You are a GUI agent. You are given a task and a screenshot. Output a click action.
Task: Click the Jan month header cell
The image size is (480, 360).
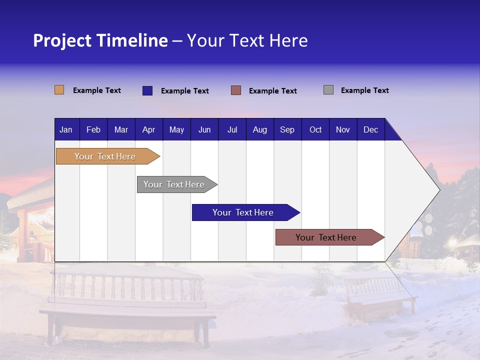pyautogui.click(x=66, y=129)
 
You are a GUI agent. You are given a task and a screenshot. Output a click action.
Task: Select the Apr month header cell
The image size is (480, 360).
pyautogui.click(x=149, y=129)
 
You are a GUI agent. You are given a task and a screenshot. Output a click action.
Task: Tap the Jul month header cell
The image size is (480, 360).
pyautogui.click(x=232, y=129)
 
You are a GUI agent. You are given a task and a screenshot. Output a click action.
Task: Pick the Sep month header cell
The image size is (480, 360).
pyautogui.click(x=287, y=129)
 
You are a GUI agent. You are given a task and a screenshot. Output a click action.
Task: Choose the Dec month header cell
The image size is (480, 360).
pyautogui.click(x=370, y=129)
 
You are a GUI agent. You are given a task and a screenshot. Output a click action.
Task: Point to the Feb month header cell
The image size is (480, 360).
pyautogui.click(x=93, y=129)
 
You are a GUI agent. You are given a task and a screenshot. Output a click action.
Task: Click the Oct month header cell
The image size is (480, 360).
pyautogui.click(x=315, y=129)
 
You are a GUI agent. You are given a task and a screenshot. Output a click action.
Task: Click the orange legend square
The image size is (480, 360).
pyautogui.click(x=59, y=90)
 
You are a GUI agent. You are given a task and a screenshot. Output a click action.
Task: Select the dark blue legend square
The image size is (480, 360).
pyautogui.click(x=147, y=90)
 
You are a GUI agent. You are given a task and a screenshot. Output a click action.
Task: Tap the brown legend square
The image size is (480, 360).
pyautogui.click(x=236, y=90)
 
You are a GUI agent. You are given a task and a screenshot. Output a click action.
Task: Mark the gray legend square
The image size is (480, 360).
pyautogui.click(x=328, y=90)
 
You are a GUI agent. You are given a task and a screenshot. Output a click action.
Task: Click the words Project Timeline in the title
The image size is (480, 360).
pyautogui.click(x=100, y=40)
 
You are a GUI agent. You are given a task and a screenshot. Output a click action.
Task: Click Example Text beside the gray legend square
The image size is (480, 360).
pyautogui.click(x=364, y=90)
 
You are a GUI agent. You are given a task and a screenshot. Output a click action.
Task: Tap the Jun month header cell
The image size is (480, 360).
pyautogui.click(x=204, y=129)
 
